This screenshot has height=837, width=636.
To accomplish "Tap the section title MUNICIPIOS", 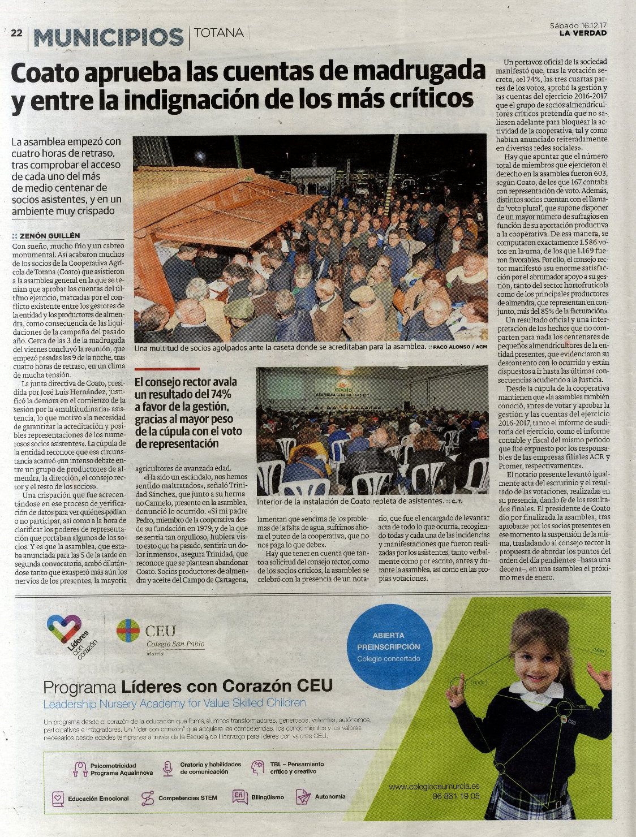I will pyautogui.click(x=109, y=37).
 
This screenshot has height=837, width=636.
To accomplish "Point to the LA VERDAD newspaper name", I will pyautogui.click(x=583, y=33).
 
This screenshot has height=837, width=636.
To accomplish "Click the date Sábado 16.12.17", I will pyautogui.click(x=578, y=25).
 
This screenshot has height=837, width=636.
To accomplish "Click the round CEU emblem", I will pyautogui.click(x=128, y=631).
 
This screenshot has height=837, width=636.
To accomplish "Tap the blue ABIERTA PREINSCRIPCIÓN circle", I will pyautogui.click(x=388, y=646).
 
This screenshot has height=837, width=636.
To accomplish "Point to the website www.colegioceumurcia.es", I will pyautogui.click(x=434, y=786).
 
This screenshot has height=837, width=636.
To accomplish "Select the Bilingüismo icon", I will pyautogui.click(x=239, y=796).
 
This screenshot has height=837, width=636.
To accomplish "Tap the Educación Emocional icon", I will pyautogui.click(x=58, y=799).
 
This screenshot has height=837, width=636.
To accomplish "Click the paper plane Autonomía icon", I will pyautogui.click(x=304, y=796).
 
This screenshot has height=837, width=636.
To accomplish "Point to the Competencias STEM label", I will pyautogui.click(x=187, y=798).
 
